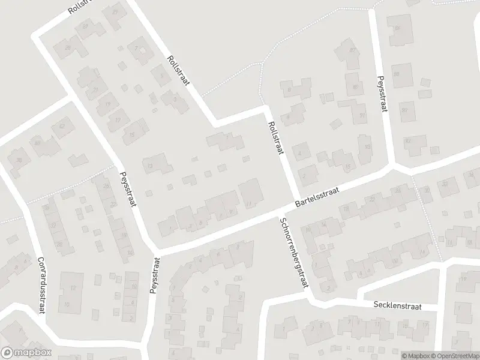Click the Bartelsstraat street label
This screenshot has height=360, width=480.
[x=317, y=197]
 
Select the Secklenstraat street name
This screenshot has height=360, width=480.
[x=397, y=306]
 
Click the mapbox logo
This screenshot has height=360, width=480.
[x=26, y=353]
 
